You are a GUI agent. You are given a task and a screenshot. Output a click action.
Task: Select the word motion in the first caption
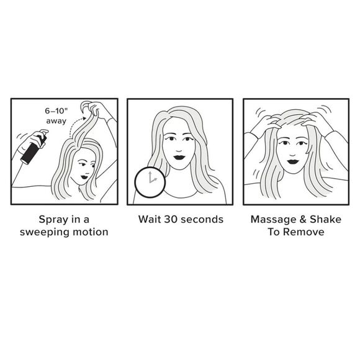coord(90,232)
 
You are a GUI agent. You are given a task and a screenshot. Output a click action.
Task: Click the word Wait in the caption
coord(150,219)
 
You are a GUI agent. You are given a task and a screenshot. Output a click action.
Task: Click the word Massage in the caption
coord(272,219)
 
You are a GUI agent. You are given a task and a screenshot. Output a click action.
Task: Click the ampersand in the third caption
coord(301,219)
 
